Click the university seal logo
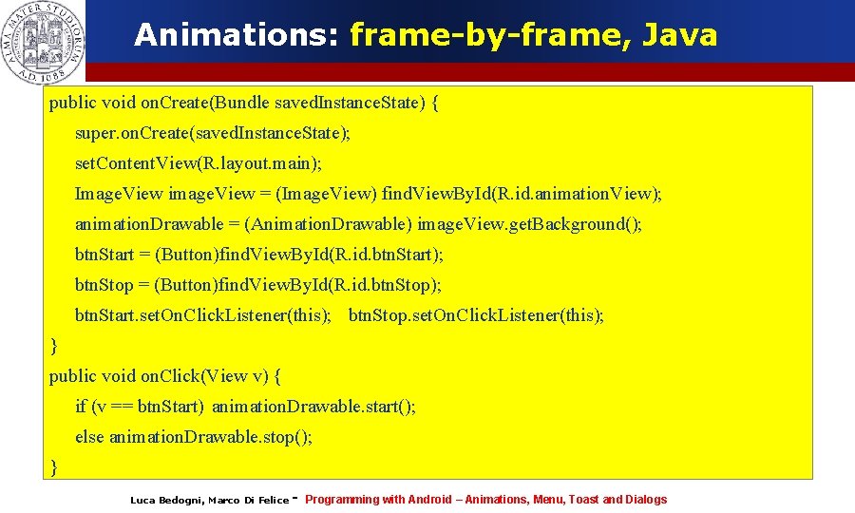pyautogui.click(x=44, y=42)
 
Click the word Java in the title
pyautogui.click(x=679, y=36)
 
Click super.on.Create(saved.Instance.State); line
pyautogui.click(x=213, y=133)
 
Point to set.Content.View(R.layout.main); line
pyautogui.click(x=199, y=163)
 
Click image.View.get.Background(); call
pyautogui.click(x=530, y=224)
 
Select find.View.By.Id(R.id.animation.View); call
pyautogui.click(x=522, y=194)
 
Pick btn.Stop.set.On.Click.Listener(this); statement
pyautogui.click(x=476, y=315)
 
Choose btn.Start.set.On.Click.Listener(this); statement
pyautogui.click(x=203, y=315)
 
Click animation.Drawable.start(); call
pyautogui.click(x=313, y=407)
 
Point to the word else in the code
pyautogui.click(x=90, y=437)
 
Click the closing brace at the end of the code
pyautogui.click(x=54, y=466)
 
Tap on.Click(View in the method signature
pyautogui.click(x=194, y=376)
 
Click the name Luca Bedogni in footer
pyautogui.click(x=165, y=500)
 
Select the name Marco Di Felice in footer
pyautogui.click(x=248, y=500)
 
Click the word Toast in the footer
pyautogui.click(x=583, y=500)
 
